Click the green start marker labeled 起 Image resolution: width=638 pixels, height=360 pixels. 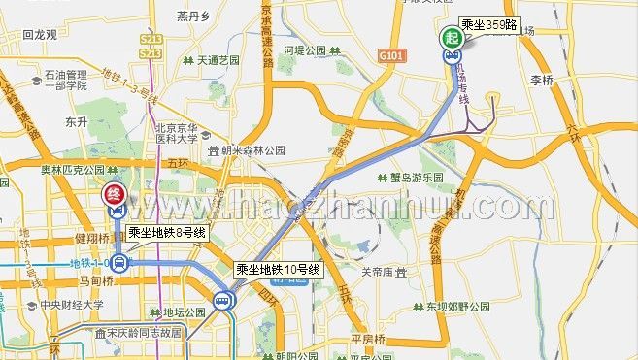pyautogui.click(x=453, y=38)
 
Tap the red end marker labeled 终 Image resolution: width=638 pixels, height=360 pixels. pyautogui.click(x=114, y=193)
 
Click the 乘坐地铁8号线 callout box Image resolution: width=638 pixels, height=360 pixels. pyautogui.click(x=167, y=233)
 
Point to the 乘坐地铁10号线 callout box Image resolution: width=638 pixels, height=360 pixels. pyautogui.click(x=278, y=269)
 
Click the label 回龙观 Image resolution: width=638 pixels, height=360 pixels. pyautogui.click(x=41, y=33)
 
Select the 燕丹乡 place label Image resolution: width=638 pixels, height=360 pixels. pyautogui.click(x=194, y=16)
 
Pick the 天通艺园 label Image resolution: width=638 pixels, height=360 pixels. pyautogui.click(x=218, y=59)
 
